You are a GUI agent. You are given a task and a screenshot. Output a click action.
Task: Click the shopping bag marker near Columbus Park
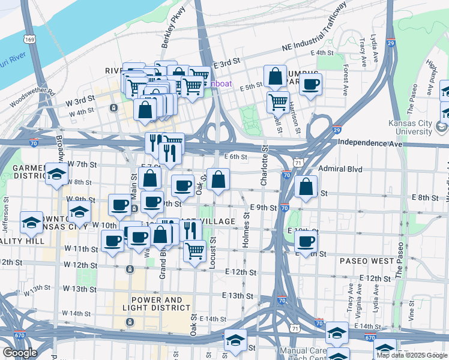pyautogui.click(x=275, y=77)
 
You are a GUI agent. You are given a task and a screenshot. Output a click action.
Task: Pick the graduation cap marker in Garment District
pyautogui.click(x=56, y=174)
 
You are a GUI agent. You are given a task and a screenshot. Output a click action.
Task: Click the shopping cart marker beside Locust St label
pyautogui.click(x=194, y=251)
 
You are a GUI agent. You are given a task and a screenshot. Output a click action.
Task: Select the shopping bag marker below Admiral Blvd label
pyautogui.click(x=306, y=186)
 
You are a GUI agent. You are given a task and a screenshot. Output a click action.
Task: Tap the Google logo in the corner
pyautogui.click(x=20, y=353)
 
